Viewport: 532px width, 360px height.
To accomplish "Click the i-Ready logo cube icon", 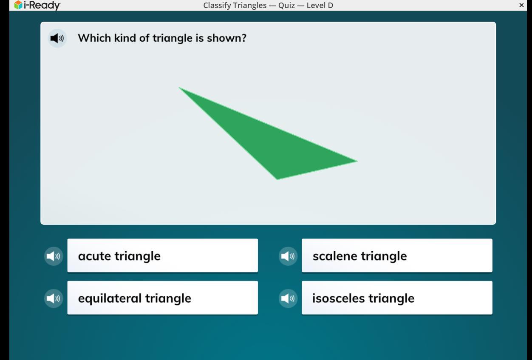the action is point(18,5).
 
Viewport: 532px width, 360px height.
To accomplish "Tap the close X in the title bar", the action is point(521,5).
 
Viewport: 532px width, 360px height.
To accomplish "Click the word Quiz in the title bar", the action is point(287,5).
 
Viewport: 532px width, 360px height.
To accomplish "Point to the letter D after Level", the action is point(330,5).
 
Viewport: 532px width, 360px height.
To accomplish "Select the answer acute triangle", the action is point(162,255).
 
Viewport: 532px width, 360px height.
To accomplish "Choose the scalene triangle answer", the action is point(397,255).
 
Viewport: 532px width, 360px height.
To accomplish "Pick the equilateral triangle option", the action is point(162,298).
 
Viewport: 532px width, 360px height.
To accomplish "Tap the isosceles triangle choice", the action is point(397,298).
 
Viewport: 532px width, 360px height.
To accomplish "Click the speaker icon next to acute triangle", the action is point(54,256).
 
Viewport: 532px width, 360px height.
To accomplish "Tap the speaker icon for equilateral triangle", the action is point(54,298).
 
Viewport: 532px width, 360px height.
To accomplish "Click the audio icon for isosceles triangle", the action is point(288,298).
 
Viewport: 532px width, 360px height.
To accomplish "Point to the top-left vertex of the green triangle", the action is point(179,88).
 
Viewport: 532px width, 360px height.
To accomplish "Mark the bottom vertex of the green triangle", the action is point(277,179).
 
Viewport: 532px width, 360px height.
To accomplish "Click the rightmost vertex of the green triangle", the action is point(357,161).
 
